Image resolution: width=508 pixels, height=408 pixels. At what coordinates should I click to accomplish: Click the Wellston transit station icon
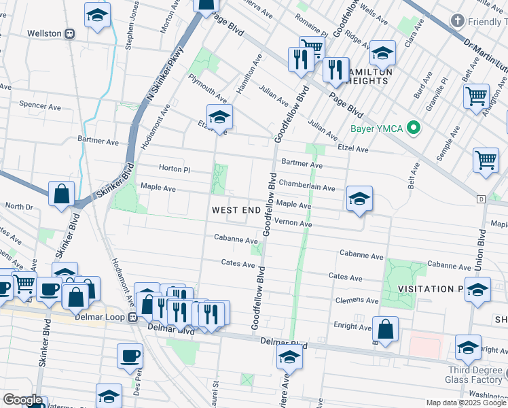69,33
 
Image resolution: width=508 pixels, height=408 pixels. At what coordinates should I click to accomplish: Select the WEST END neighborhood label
236,210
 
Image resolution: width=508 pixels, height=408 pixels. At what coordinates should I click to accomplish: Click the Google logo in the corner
22,400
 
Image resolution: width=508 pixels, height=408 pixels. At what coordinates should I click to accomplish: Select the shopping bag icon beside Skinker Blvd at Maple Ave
62,194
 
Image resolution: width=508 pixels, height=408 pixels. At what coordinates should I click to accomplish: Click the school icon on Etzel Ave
219,118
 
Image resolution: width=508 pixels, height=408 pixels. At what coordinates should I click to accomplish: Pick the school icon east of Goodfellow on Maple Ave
359,199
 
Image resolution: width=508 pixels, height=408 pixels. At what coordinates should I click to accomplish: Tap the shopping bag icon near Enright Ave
385,330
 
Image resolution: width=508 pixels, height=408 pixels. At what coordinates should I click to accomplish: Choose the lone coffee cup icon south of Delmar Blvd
130,355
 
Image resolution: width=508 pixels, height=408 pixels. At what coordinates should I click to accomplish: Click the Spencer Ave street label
41,105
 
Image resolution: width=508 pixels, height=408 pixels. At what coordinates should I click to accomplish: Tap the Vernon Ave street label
293,224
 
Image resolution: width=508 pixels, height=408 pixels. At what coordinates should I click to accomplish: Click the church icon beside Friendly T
459,22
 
